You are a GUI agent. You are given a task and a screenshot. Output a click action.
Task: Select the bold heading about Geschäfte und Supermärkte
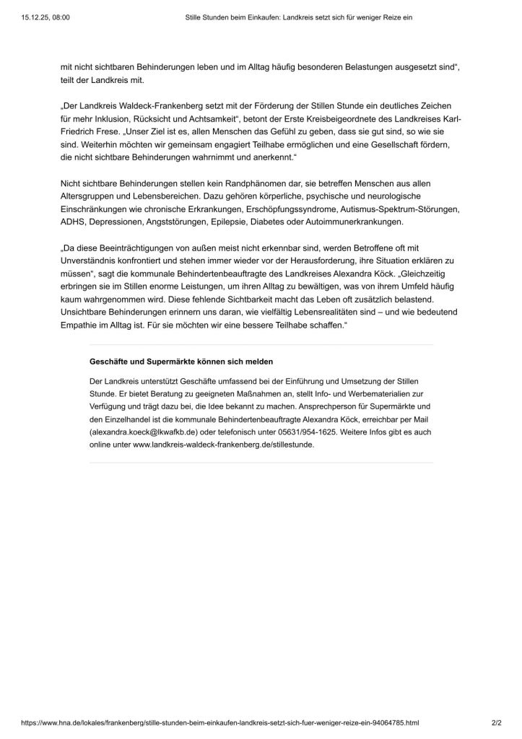click(x=181, y=361)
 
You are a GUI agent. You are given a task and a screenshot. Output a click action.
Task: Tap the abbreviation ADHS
click(x=73, y=221)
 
